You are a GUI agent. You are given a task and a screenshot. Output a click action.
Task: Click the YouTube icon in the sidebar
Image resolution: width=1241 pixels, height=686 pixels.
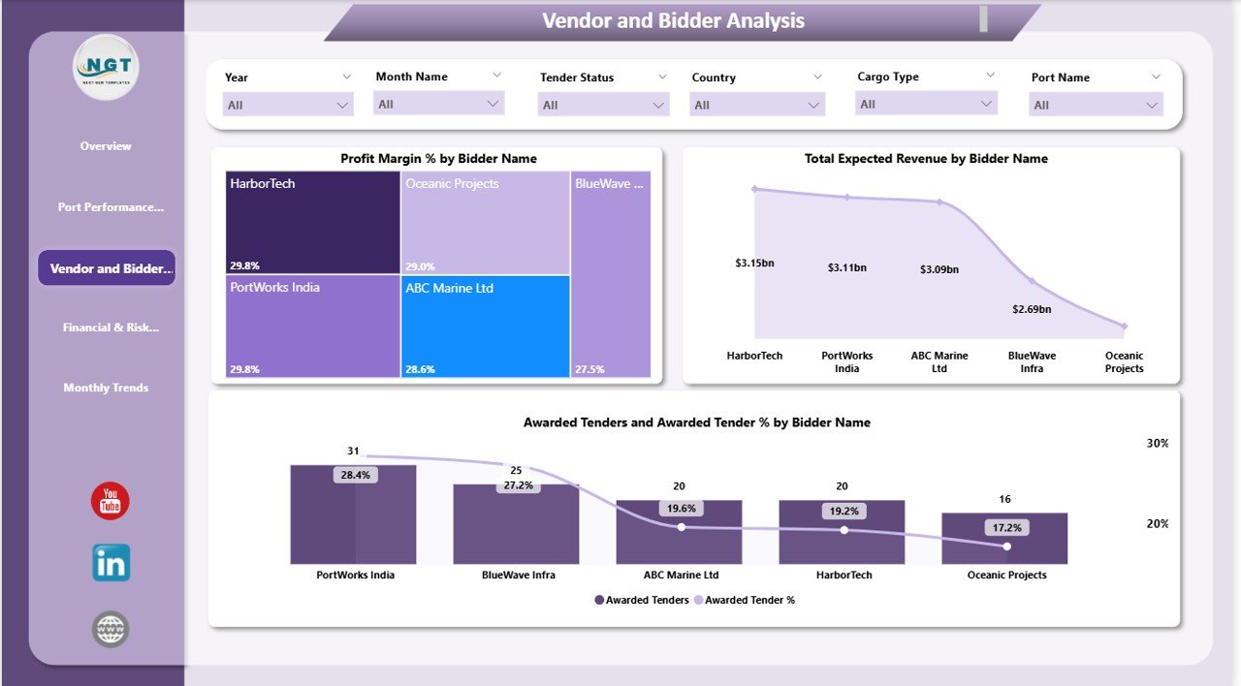pyautogui.click(x=111, y=502)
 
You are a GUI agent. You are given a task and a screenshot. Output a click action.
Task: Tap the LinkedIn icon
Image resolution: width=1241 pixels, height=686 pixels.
pyautogui.click(x=111, y=563)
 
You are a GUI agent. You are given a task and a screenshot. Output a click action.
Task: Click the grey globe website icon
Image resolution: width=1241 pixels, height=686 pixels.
pyautogui.click(x=111, y=630)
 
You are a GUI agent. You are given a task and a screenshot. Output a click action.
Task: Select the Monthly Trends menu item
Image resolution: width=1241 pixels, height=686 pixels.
pyautogui.click(x=106, y=388)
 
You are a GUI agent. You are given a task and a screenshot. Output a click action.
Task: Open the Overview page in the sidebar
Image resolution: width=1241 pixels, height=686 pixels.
pyautogui.click(x=106, y=146)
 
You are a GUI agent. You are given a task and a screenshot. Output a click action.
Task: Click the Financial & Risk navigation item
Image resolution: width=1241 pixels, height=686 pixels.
pyautogui.click(x=111, y=327)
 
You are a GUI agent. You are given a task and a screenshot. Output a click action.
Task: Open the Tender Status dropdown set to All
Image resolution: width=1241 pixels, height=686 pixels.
pyautogui.click(x=603, y=105)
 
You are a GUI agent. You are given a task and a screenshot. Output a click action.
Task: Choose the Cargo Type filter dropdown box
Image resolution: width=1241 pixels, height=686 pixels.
pyautogui.click(x=926, y=104)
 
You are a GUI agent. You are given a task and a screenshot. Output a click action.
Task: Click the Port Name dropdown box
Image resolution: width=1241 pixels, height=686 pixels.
pyautogui.click(x=1096, y=105)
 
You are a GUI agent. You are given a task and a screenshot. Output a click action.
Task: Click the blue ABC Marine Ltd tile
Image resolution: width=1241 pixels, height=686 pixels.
pyautogui.click(x=485, y=326)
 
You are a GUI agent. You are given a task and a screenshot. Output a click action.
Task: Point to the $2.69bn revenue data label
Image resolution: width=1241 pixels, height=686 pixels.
pyautogui.click(x=1032, y=309)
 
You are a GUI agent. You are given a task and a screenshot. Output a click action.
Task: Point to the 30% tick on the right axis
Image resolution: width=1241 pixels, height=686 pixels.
pyautogui.click(x=1158, y=443)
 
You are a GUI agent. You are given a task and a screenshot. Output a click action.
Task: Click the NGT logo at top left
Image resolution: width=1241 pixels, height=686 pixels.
pyautogui.click(x=107, y=67)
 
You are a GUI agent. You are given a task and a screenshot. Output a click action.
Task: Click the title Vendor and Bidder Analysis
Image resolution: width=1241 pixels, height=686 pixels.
pyautogui.click(x=673, y=21)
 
